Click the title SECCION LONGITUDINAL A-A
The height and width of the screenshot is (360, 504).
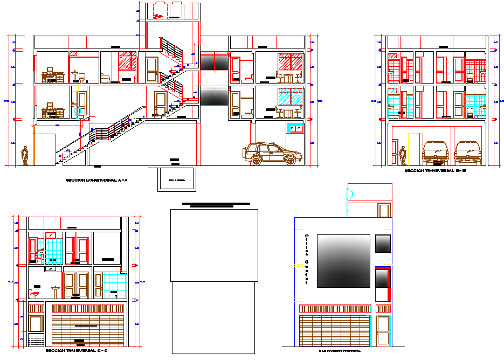click(x=96, y=181)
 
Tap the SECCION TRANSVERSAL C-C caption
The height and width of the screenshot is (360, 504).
click(x=77, y=351)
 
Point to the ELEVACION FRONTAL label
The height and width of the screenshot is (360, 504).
click(x=340, y=350)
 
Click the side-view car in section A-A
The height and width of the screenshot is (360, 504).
click(x=272, y=154)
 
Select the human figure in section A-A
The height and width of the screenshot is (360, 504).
click(x=25, y=156)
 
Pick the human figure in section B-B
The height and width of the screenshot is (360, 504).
click(x=403, y=156)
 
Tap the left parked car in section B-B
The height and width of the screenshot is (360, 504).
click(x=436, y=152)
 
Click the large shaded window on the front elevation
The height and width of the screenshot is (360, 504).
click(x=343, y=261)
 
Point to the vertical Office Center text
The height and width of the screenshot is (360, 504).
click(x=307, y=259)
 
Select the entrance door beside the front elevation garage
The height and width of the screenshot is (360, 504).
click(x=383, y=331)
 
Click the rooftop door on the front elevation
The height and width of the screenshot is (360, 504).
click(x=384, y=211)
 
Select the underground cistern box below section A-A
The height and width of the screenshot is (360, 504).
click(x=177, y=179)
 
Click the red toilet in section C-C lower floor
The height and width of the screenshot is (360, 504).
click(x=34, y=294)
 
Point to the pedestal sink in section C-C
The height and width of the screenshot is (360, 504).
click(x=56, y=292)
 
